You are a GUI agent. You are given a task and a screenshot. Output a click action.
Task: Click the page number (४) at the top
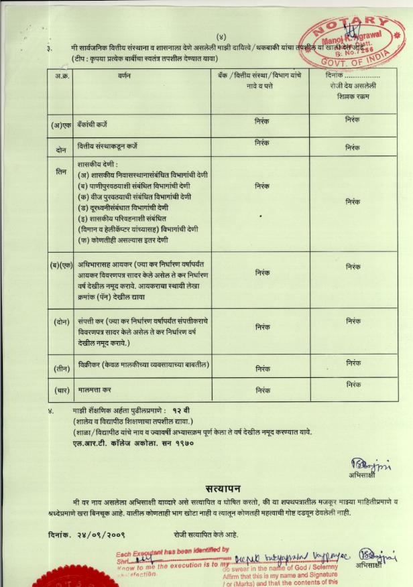(x=221, y=36)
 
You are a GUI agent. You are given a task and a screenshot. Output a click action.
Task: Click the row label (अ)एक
(x=61, y=125)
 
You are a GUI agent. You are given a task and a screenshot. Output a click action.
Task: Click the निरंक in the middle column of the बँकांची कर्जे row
(x=262, y=121)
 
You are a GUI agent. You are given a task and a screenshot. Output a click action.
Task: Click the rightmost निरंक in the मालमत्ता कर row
(x=353, y=385)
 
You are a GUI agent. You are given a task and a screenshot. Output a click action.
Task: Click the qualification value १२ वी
(x=182, y=409)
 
